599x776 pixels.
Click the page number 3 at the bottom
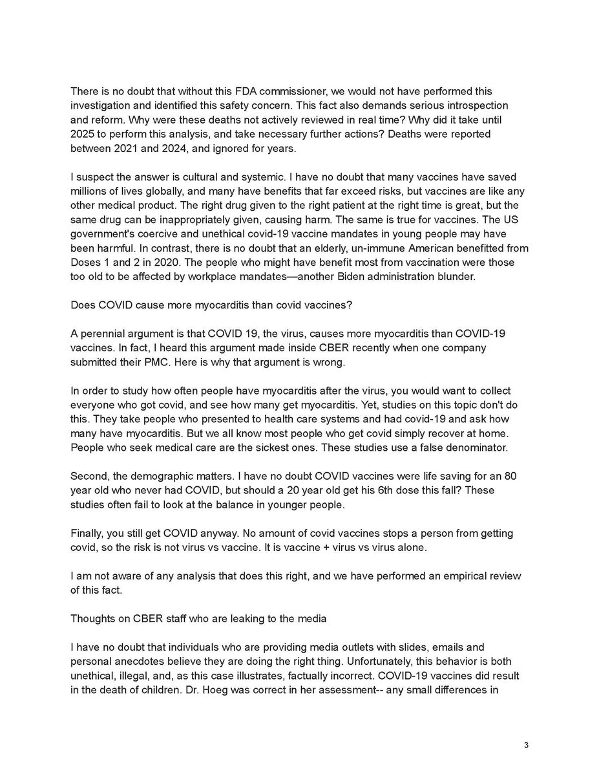pyautogui.click(x=527, y=745)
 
